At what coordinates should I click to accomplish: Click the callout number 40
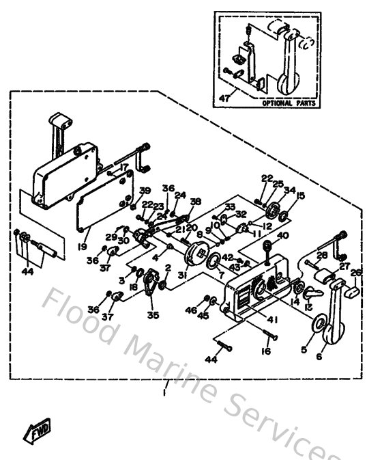click(283, 236)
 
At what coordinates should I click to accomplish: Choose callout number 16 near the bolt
click(265, 351)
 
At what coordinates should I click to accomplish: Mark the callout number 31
click(182, 275)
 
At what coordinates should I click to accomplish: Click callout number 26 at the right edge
click(355, 273)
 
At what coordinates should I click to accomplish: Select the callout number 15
click(301, 196)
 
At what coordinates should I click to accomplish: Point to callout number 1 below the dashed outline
click(164, 393)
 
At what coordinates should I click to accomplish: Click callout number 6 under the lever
click(318, 356)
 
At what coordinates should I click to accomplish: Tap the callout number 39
click(145, 191)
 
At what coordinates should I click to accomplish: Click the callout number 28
click(323, 255)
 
